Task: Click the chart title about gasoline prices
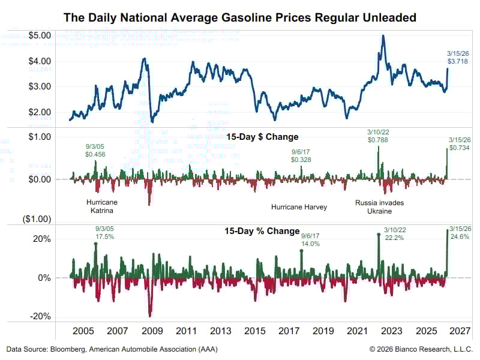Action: pyautogui.click(x=240, y=17)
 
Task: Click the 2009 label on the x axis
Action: pyautogui.click(x=152, y=331)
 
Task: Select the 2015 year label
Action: pyautogui.click(x=255, y=331)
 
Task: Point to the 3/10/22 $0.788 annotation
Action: pyautogui.click(x=379, y=136)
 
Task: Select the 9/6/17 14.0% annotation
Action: pyautogui.click(x=310, y=240)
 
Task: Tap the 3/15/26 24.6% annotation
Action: pyautogui.click(x=460, y=233)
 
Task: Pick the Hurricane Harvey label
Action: pyautogui.click(x=299, y=207)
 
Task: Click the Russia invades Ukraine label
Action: pyautogui.click(x=379, y=207)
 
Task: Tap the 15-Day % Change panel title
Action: pyautogui.click(x=262, y=231)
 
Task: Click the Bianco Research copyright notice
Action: pyautogui.click(x=421, y=349)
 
